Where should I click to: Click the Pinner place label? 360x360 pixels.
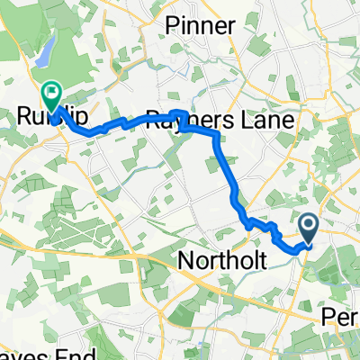pyautogui.click(x=201, y=26)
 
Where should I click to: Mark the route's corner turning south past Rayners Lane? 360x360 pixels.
pyautogui.click(x=216, y=135)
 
